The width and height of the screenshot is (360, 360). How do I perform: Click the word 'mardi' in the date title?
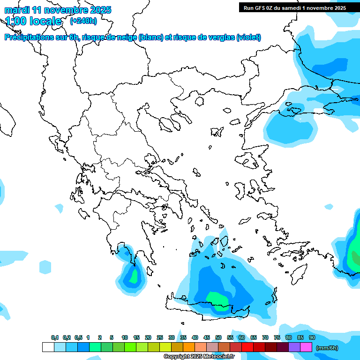16,10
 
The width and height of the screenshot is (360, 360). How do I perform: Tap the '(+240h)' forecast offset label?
83,21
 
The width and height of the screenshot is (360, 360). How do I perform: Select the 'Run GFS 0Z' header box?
294,8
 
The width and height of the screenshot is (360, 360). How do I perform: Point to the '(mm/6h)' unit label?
327,347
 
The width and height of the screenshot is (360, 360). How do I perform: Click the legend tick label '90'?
312,337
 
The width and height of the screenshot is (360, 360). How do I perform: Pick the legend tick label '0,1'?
55,337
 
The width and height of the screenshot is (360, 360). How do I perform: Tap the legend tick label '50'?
218,337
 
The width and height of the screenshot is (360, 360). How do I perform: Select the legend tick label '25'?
160,337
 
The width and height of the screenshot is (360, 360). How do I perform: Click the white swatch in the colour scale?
48,347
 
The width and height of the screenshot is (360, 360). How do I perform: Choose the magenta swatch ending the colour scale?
306,347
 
